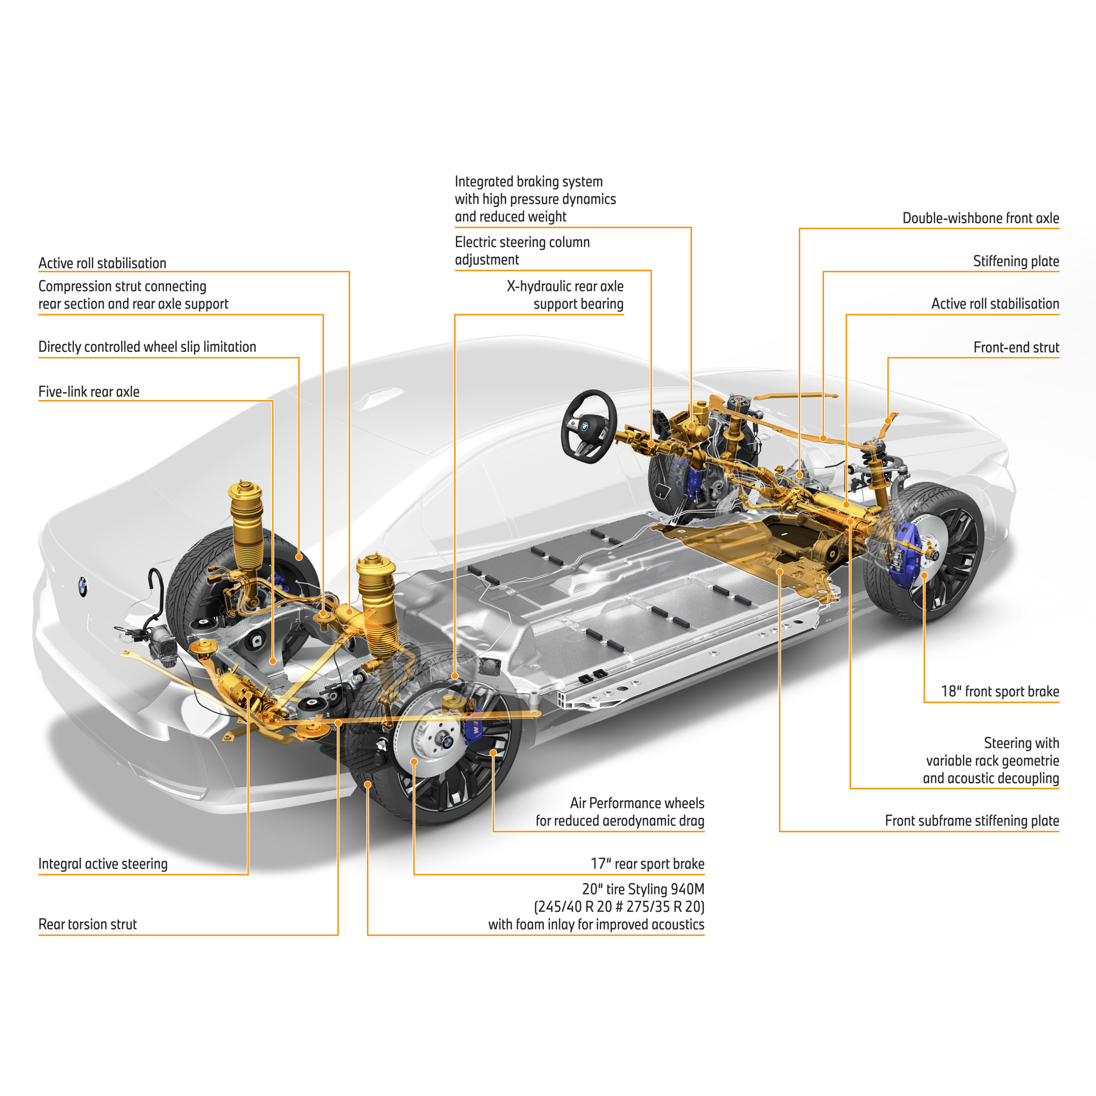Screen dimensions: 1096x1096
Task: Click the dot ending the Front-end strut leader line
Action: coord(888,420)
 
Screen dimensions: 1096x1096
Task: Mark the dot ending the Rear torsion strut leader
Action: coord(338,723)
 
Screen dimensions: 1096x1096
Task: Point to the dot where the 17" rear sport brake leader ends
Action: coord(414,761)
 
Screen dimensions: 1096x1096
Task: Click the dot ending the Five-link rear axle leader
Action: coord(273,661)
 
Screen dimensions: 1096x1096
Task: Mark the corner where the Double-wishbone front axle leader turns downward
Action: coord(799,228)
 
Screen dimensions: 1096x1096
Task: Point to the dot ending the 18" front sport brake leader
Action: coord(924,575)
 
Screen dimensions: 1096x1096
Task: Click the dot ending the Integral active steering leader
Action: coord(248,695)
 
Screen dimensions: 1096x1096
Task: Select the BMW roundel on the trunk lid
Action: coord(83,587)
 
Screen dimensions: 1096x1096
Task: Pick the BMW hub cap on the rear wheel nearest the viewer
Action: coord(447,740)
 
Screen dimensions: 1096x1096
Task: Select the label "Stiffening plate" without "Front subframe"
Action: coord(1016,262)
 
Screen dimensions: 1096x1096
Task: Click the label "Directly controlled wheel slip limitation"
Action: coord(148,347)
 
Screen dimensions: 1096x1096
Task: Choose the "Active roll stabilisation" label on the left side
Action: coord(102,263)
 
